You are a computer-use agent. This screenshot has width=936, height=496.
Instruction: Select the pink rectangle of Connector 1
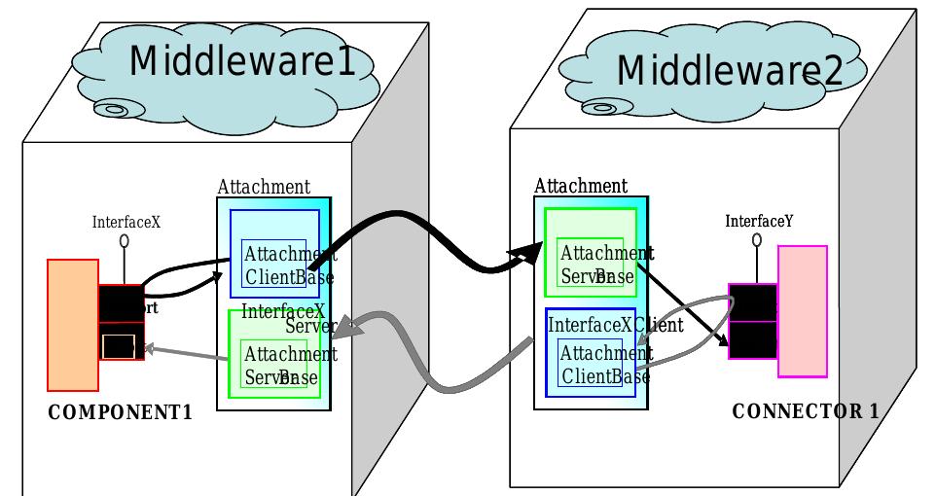coord(803,311)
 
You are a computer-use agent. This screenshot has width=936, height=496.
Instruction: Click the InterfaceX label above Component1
coord(126,222)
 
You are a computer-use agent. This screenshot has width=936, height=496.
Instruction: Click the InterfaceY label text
coord(759,221)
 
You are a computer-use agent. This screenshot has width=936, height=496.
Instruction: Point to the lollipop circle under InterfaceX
coord(125,240)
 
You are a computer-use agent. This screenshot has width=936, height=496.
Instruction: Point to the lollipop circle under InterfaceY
coord(757,238)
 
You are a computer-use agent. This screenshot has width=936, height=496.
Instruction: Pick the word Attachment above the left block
coord(264,187)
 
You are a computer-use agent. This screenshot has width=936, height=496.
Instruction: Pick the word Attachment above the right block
coord(581,186)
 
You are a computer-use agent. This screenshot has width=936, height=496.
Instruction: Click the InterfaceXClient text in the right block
coord(616,325)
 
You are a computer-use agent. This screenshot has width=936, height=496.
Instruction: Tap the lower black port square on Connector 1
coord(752,339)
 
